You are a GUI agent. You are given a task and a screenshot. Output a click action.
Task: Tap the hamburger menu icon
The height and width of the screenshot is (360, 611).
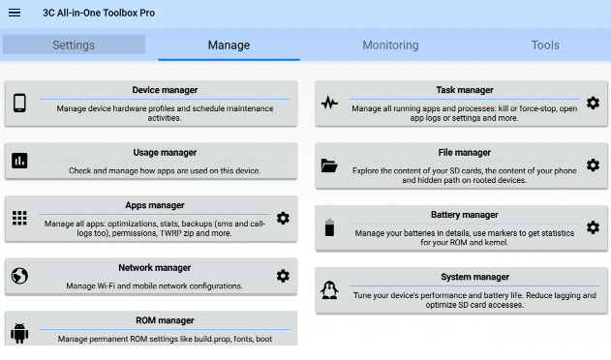tap(15, 13)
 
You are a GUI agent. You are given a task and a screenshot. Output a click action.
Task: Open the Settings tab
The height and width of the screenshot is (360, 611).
tap(74, 45)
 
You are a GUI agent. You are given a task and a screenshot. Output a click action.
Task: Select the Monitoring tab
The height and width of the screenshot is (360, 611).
tap(390, 45)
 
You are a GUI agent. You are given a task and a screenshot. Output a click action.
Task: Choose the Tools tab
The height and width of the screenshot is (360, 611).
tap(545, 45)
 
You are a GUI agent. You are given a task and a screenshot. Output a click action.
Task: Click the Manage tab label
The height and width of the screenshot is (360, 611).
tap(229, 45)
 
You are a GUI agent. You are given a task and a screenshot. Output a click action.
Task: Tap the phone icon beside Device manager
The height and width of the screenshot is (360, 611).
tap(19, 104)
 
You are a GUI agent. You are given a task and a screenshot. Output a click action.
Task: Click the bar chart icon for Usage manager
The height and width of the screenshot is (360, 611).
tap(19, 161)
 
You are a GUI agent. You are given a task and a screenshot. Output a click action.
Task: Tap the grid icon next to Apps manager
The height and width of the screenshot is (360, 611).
tap(19, 218)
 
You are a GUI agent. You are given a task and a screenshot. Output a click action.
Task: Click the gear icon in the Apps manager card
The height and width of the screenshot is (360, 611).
tap(283, 218)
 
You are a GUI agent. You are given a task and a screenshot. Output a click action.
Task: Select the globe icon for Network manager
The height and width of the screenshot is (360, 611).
tap(19, 276)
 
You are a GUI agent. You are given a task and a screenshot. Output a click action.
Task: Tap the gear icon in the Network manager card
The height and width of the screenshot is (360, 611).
tap(283, 276)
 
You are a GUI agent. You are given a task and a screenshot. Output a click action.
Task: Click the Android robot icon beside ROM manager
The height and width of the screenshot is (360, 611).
tap(19, 333)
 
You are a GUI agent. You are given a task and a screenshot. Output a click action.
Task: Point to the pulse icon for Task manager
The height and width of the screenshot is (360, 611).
tap(329, 103)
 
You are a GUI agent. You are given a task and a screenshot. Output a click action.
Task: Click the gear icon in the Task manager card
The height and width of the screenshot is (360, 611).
tap(593, 103)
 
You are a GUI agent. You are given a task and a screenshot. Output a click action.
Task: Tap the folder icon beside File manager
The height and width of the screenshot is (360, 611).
tap(329, 165)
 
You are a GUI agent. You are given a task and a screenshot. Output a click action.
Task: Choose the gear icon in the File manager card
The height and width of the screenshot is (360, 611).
tap(593, 165)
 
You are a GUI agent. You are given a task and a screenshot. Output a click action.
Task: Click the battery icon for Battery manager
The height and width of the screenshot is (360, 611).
tap(329, 227)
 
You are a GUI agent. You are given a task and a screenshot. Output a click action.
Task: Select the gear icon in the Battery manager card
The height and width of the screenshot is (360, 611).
tap(593, 227)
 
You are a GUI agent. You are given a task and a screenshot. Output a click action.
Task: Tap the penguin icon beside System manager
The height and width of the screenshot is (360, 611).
tap(329, 290)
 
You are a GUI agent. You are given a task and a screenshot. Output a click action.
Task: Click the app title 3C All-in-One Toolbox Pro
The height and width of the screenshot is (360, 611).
tap(99, 13)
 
